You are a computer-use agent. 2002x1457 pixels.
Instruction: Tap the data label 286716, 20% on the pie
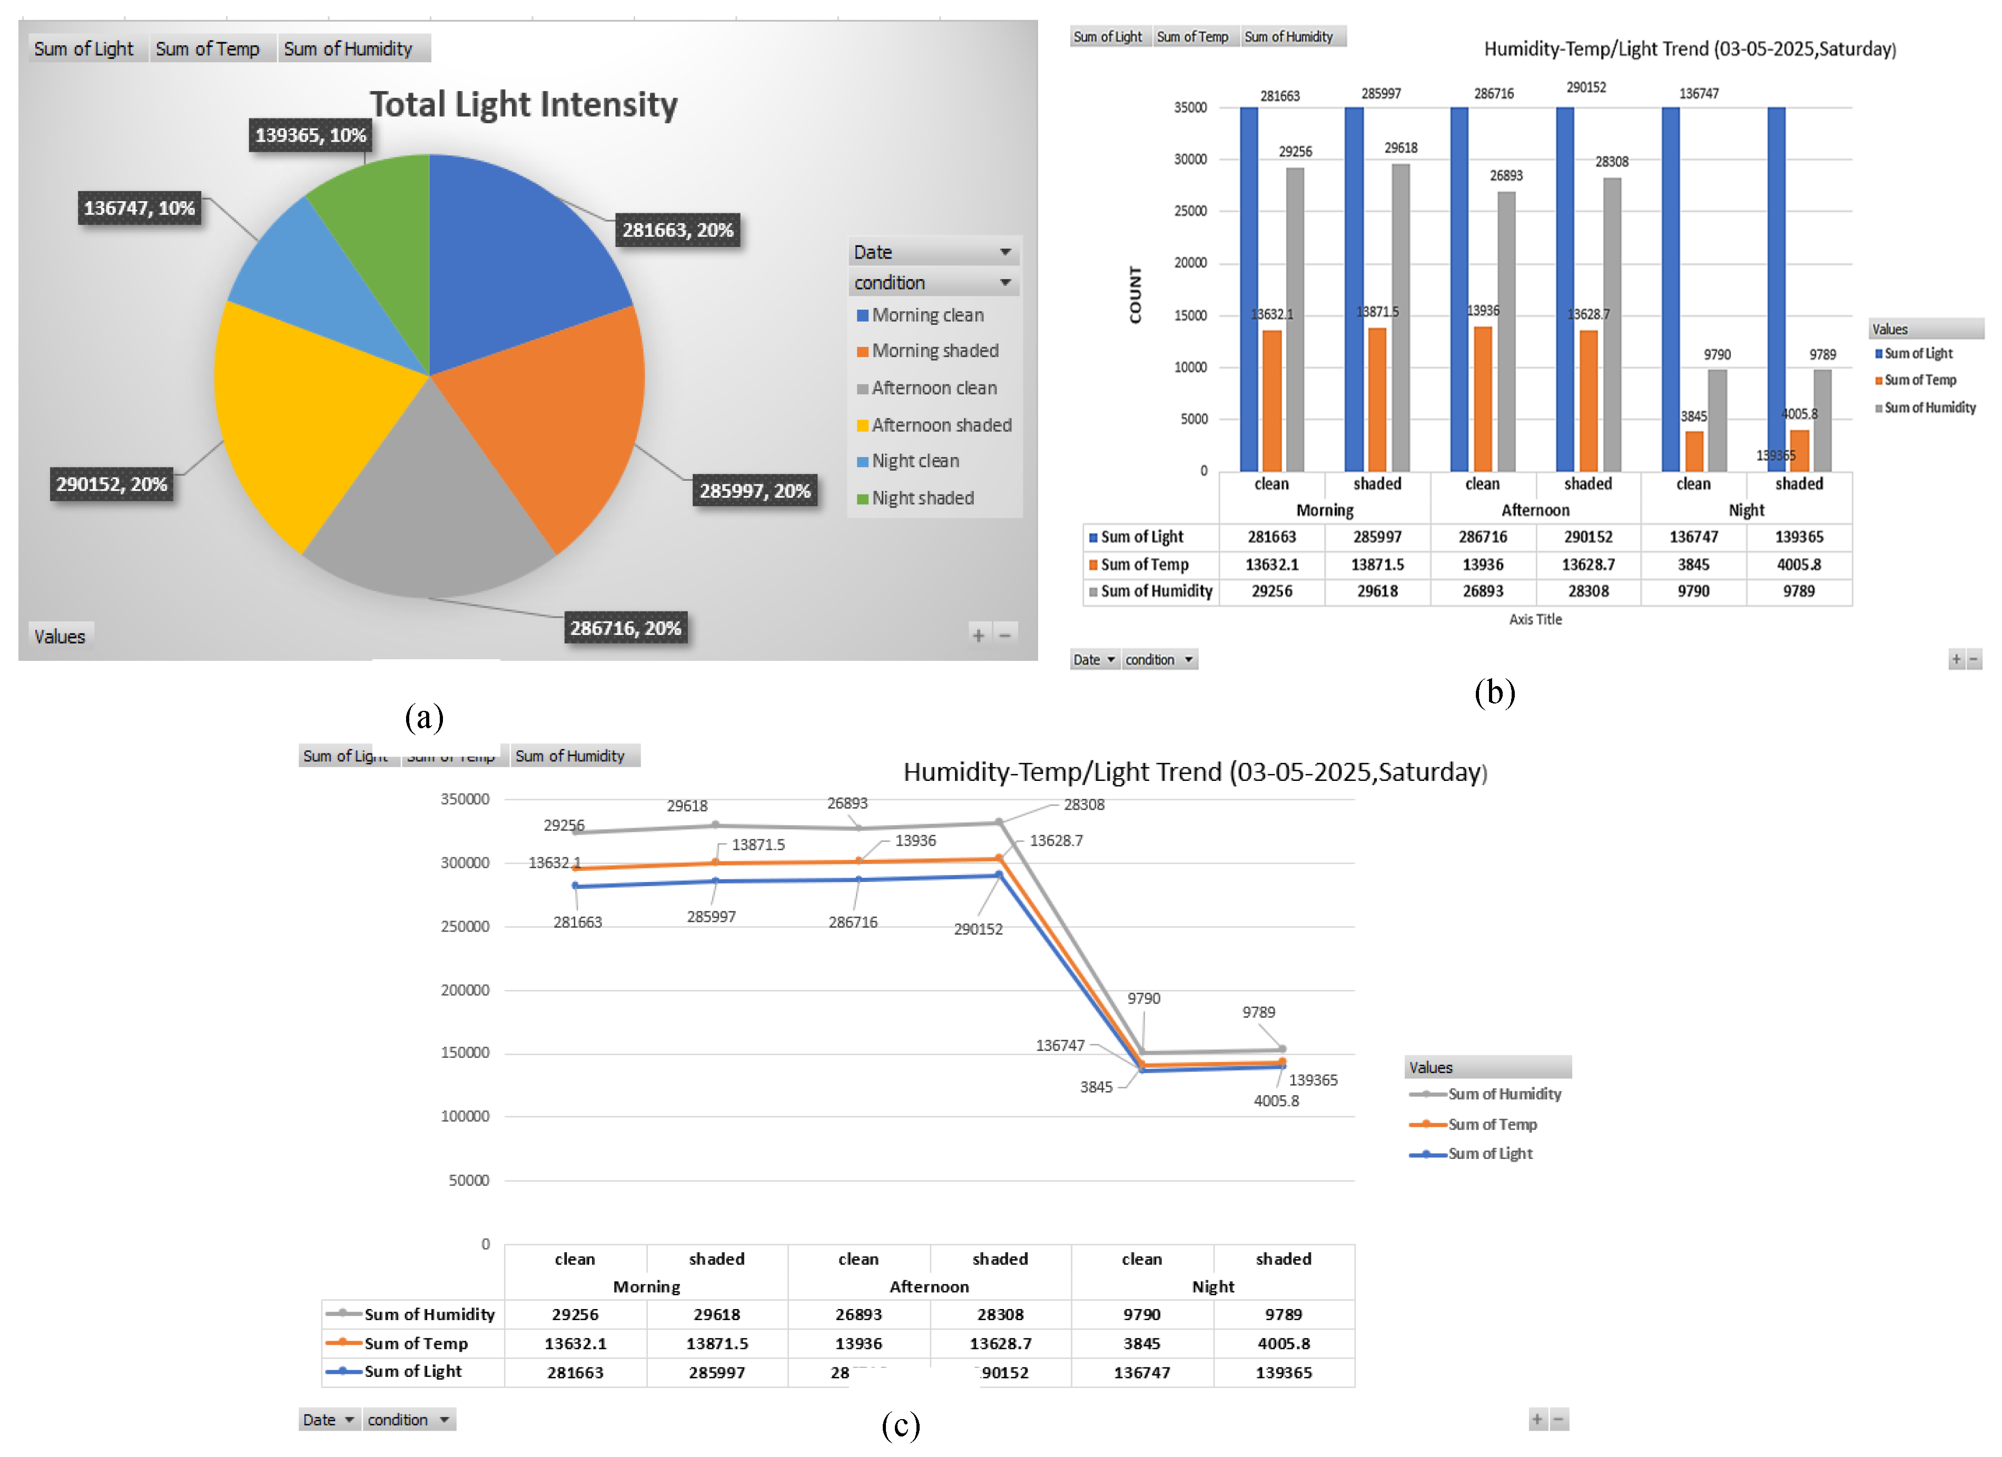coord(625,628)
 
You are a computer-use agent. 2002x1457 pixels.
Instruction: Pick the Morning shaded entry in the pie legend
coord(934,351)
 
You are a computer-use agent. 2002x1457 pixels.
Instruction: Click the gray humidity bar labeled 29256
coord(1294,318)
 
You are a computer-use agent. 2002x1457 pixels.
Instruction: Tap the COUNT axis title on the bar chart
coord(1135,295)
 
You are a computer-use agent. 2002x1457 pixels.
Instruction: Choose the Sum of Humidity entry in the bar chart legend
coord(1929,408)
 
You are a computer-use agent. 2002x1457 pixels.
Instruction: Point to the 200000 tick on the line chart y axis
coord(465,990)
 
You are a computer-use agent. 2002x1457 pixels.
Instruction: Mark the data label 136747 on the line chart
coord(1059,1046)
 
